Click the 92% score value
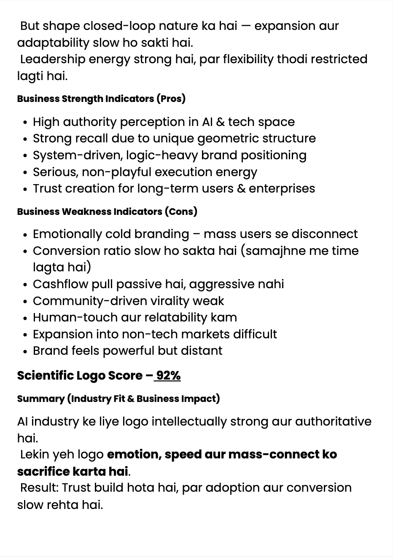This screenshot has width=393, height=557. pos(168,375)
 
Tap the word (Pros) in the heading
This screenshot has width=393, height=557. pos(171,99)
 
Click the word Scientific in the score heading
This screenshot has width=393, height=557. pos(45,375)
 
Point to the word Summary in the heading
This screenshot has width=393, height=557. pos(40,399)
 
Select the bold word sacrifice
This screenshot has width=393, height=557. pos(43,471)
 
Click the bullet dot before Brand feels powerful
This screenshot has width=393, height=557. pos(25,351)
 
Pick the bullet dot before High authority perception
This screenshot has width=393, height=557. pos(25,123)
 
